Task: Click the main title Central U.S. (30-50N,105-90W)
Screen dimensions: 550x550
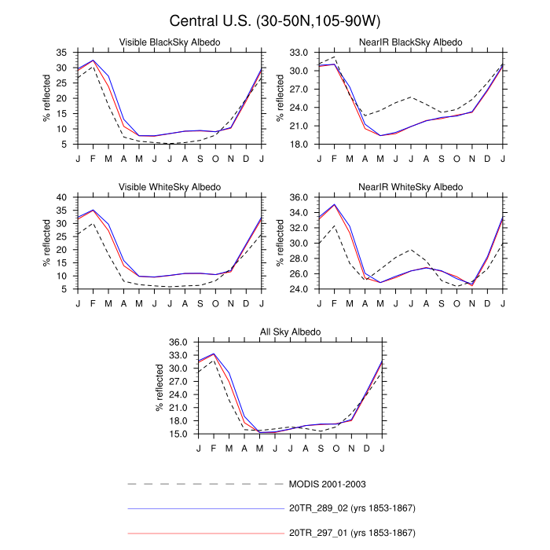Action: coord(274,19)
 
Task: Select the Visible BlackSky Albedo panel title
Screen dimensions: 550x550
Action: coord(169,42)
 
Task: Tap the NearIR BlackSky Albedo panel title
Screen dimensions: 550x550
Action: coord(411,42)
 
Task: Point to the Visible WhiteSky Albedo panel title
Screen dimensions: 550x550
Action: coord(169,187)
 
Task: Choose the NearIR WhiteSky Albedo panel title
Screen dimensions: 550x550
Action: coord(411,187)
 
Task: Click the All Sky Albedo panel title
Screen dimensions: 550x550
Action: coord(290,332)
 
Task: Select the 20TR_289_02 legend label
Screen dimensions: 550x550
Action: coord(354,508)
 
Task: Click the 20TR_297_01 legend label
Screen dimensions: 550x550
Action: coord(354,533)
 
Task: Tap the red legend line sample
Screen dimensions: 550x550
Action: coord(204,533)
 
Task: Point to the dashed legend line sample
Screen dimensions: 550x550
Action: coord(204,483)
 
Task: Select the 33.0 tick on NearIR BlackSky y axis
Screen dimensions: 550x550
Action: coord(298,52)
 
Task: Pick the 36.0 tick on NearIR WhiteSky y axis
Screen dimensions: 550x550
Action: coord(298,197)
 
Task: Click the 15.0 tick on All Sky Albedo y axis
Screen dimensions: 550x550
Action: coord(177,434)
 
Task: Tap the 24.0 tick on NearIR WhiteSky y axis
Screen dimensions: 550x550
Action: coord(298,289)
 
